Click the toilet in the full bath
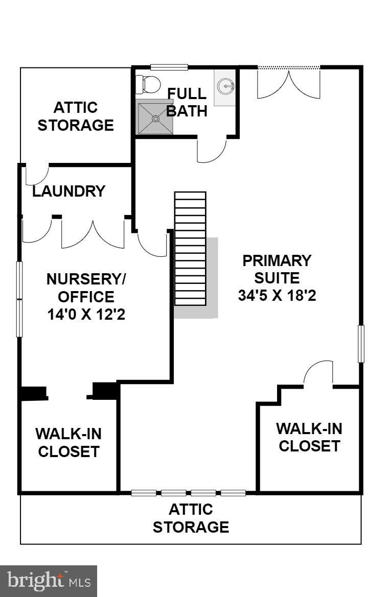tap(148, 84)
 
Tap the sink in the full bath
tap(226, 87)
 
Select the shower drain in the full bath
tap(155, 118)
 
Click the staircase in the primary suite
tap(191, 249)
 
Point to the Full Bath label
tap(187, 102)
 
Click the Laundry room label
tap(69, 191)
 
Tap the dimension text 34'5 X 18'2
tap(277, 296)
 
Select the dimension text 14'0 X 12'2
tap(86, 315)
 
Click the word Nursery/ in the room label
tap(86, 279)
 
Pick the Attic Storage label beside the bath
tap(76, 116)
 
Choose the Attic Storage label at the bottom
tap(191, 518)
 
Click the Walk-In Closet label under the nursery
tap(68, 442)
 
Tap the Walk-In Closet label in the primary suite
tap(309, 437)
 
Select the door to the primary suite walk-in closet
tap(318, 372)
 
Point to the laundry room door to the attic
tap(37, 175)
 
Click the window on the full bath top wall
tap(169, 67)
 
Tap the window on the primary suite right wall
tap(361, 344)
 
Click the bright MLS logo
tap(49, 581)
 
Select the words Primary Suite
tap(277, 269)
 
